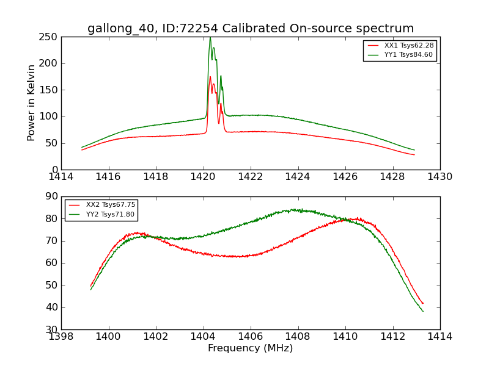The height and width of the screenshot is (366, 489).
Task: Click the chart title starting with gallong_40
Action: (251, 29)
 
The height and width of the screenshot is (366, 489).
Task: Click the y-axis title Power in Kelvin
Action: (31, 102)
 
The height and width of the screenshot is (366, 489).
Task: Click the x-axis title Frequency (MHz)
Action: (251, 348)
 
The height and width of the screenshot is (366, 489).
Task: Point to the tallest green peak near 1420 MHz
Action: (210, 38)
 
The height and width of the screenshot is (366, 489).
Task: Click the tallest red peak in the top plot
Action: (210, 77)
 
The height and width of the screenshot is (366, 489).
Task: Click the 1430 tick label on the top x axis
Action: (440, 177)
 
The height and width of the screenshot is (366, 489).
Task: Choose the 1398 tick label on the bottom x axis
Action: (61, 337)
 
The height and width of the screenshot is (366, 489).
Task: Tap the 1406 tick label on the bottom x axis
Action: (251, 337)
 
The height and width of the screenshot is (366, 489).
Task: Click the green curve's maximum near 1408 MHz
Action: (295, 209)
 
